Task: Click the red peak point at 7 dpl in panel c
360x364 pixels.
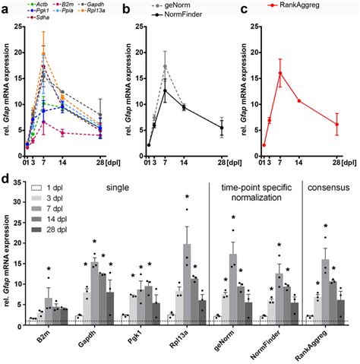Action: [x=280, y=73]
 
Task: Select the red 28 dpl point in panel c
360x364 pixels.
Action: [x=336, y=125]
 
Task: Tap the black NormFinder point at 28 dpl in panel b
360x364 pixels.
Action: [x=222, y=128]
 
